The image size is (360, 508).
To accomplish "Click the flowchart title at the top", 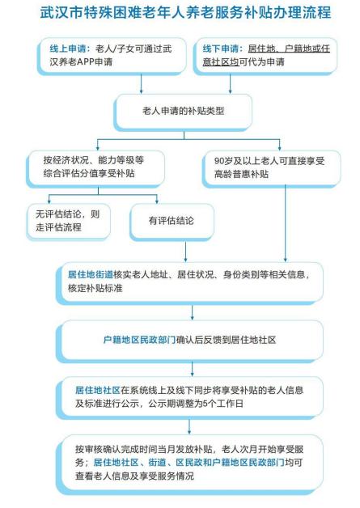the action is [x=185, y=13].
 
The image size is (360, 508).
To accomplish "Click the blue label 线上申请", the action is [x=68, y=49].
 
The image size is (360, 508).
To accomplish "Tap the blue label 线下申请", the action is [x=221, y=49].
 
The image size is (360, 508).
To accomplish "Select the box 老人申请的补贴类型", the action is [x=184, y=112].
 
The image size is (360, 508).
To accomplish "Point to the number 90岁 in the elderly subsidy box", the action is [x=223, y=161].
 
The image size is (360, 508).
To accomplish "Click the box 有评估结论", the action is [x=172, y=222].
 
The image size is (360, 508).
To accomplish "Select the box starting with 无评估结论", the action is [x=69, y=222].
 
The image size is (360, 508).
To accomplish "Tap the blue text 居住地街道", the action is [x=91, y=275].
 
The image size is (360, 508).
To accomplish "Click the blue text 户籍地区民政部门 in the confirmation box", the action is [x=139, y=340].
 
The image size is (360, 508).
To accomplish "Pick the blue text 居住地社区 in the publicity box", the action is [x=98, y=390].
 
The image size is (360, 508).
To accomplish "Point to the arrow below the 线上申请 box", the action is [x=142, y=84].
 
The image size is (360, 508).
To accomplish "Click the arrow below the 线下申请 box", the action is [x=231, y=84].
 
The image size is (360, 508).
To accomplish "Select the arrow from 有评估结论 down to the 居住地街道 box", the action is [x=186, y=252].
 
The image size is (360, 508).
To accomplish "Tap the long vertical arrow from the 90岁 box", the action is [x=285, y=223].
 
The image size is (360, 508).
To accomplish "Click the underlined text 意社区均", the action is [x=221, y=61].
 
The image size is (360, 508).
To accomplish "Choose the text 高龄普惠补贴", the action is [x=241, y=174].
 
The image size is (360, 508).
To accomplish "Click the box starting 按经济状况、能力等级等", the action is [x=95, y=168].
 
